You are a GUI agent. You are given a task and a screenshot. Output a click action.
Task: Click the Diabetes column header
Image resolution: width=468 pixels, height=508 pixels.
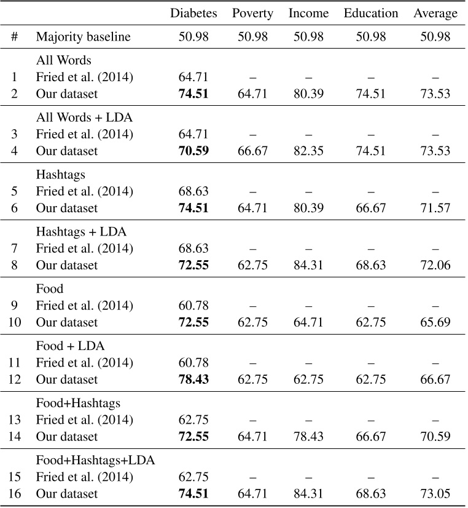[x=193, y=13]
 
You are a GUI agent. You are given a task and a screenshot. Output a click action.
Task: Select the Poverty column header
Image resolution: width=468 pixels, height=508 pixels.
[x=252, y=14]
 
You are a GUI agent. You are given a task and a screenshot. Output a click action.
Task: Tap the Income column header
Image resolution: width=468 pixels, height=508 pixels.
[x=308, y=13]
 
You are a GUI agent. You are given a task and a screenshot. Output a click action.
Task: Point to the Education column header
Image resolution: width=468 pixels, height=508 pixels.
[x=370, y=13]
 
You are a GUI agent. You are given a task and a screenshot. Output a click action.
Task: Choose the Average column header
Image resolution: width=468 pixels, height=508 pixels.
[x=435, y=14]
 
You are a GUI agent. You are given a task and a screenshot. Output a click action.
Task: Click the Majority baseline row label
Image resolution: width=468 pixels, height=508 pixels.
[x=83, y=37]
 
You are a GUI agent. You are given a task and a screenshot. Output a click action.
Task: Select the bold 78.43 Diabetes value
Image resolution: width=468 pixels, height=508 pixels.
[x=193, y=379]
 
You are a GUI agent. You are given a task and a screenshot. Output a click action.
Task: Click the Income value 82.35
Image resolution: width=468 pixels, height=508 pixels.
[x=308, y=151]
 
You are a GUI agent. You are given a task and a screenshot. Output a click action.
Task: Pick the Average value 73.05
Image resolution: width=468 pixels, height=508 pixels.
[x=435, y=494]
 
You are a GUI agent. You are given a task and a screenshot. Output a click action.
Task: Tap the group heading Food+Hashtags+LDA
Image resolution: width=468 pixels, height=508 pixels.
[x=95, y=461]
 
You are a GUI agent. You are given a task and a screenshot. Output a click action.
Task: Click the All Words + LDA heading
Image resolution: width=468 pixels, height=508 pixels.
[x=84, y=117]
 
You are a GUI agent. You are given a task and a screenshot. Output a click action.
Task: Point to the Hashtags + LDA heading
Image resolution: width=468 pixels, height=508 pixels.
[x=81, y=232]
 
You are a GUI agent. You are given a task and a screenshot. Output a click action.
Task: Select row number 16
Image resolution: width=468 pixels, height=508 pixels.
[x=15, y=494]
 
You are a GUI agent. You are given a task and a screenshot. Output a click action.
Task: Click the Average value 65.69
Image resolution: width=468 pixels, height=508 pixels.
[x=435, y=322]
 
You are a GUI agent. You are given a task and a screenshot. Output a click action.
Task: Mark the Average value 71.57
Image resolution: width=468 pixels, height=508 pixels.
[x=435, y=208]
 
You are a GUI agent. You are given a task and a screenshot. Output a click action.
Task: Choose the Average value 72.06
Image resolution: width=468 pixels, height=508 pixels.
[x=435, y=265]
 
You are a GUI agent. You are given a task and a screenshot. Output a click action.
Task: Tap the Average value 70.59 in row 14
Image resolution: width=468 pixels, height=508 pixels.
[x=435, y=437]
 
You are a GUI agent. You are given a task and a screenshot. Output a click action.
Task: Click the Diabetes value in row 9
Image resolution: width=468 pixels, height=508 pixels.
[x=193, y=306]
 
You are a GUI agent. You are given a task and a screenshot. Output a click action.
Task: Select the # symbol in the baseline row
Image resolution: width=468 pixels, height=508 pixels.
[x=14, y=37]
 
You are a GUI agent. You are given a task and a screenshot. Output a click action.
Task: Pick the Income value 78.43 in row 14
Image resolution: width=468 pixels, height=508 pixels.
[x=308, y=437]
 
